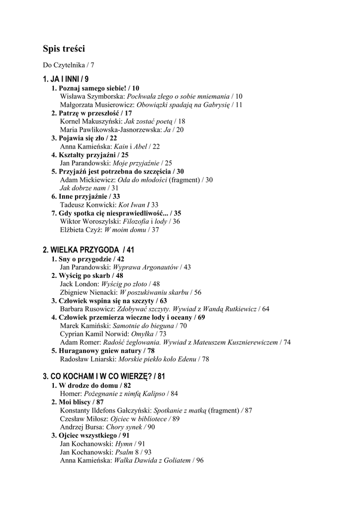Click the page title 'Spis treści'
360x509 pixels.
(64, 49)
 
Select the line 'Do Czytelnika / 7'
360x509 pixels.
(68, 65)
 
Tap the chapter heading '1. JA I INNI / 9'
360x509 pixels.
(66, 79)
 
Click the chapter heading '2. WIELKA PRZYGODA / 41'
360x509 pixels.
(89, 250)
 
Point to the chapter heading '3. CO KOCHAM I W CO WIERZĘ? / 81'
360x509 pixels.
(104, 376)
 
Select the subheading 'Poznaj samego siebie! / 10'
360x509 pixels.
(95, 88)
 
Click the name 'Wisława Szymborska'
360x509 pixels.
(92, 96)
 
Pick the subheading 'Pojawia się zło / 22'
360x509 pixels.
(85, 138)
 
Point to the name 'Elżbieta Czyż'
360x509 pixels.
(81, 230)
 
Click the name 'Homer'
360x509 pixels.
(70, 394)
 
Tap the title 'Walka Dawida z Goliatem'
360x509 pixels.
(152, 460)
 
